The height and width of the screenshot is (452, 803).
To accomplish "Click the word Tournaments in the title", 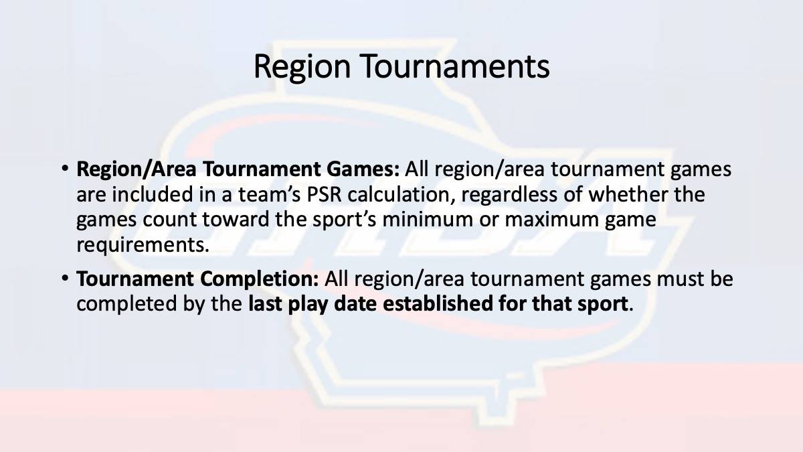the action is pos(454,66).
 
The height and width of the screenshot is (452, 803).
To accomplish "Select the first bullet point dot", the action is pos(64,168).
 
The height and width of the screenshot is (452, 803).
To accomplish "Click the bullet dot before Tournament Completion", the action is pos(64,278).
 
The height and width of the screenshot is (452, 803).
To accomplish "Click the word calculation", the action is pos(401,194).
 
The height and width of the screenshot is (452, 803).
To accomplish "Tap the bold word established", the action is pos(438,303).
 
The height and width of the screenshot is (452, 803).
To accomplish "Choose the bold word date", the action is pos(355,303).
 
